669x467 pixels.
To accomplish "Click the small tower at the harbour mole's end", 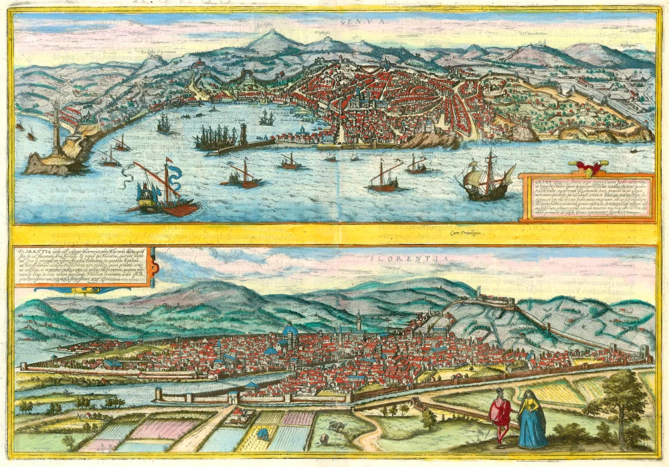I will point(243,134).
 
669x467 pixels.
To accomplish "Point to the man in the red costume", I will point(499,415).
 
